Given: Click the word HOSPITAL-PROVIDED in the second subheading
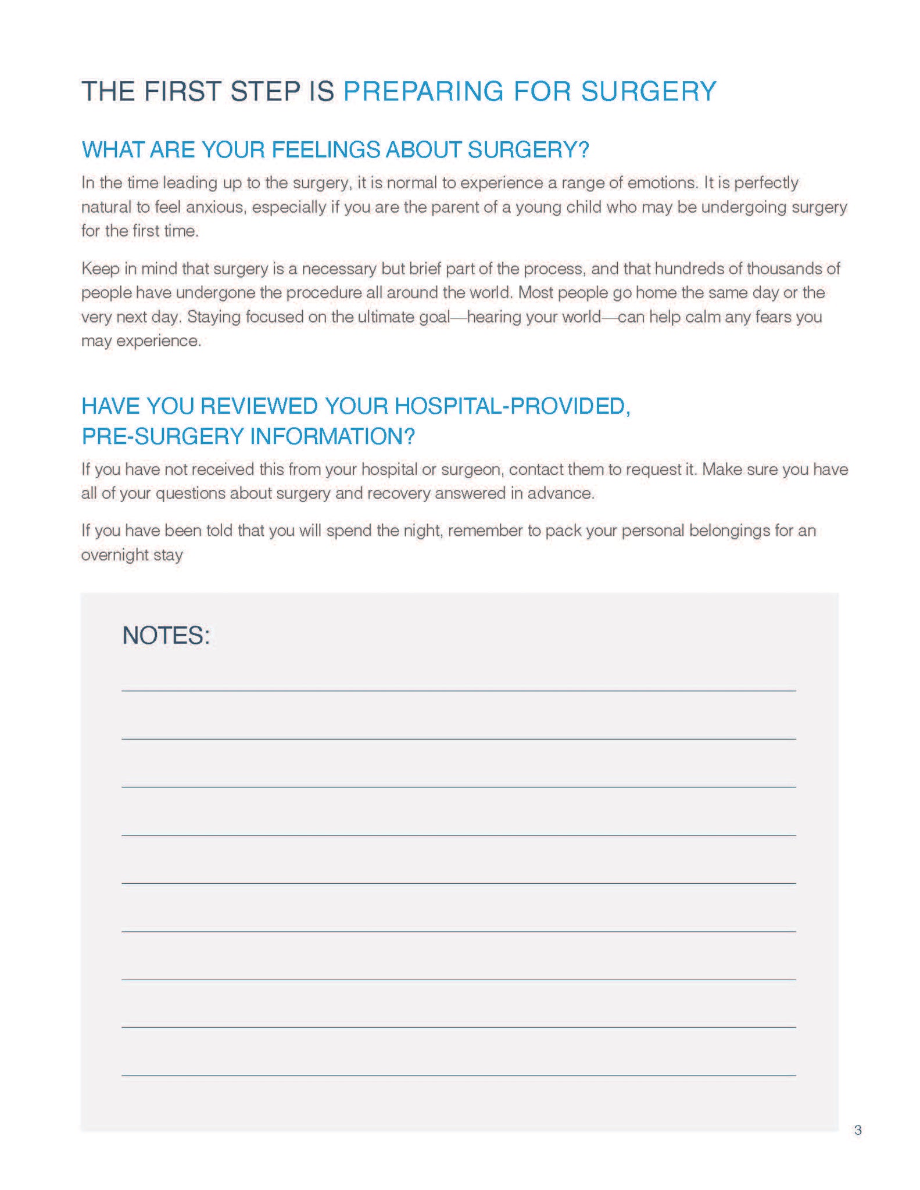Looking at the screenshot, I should point(512,406).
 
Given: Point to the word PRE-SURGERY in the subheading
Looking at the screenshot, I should point(163,436).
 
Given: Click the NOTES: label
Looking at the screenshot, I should point(166,635).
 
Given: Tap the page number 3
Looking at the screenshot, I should point(858,1130).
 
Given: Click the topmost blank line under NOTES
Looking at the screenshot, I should point(458,690).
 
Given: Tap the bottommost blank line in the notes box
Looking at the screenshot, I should point(458,1076).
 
